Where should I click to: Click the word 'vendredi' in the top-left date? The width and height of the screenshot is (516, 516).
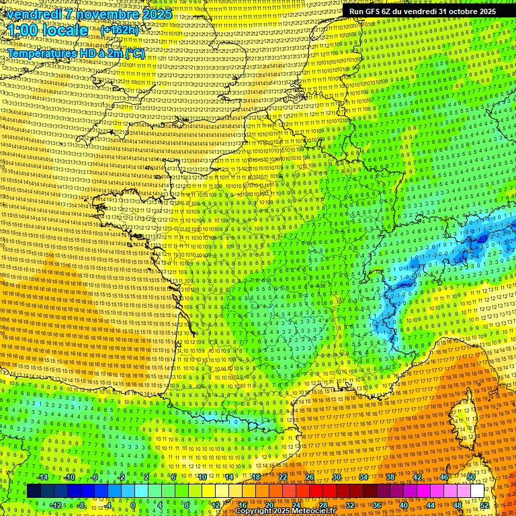coord(34,14)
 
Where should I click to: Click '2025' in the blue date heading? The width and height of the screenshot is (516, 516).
coord(156,14)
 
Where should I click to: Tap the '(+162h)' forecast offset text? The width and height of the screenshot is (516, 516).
coord(120,30)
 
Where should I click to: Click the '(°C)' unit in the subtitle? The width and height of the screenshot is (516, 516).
coord(134,53)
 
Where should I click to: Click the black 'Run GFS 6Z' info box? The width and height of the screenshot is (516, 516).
coord(422,11)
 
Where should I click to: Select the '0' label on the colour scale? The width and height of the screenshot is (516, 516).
coord(133,505)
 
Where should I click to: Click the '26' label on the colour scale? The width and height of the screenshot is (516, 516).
coord(309,477)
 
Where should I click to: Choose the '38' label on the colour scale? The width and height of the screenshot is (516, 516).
coord(389,477)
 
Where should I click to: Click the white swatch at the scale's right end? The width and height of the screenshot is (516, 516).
coord(476,491)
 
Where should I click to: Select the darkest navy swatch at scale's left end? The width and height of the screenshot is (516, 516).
coord(34,491)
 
